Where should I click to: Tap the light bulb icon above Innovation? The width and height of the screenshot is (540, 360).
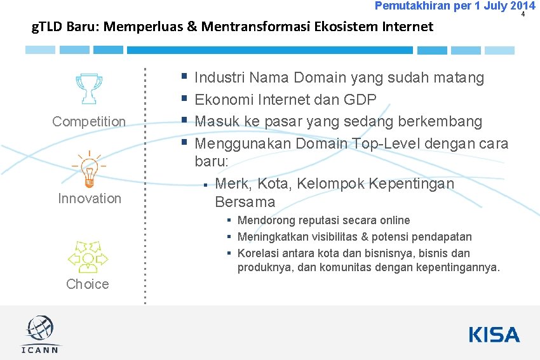(x=89, y=169)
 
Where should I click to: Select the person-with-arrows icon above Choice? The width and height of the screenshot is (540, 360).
(x=88, y=257)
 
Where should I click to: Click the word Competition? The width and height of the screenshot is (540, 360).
(x=89, y=121)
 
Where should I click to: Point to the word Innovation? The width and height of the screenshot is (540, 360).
(x=90, y=198)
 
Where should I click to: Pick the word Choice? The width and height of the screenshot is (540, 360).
(x=88, y=284)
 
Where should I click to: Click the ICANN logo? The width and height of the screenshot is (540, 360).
(x=41, y=335)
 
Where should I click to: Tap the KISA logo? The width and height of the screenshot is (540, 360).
(x=494, y=335)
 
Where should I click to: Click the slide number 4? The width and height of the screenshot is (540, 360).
(x=523, y=14)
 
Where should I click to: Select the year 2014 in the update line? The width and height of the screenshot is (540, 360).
(x=518, y=6)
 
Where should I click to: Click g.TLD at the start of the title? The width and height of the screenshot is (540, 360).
(x=46, y=27)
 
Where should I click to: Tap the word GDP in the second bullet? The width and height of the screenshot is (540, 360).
(x=360, y=100)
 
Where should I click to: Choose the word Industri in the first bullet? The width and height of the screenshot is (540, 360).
(x=220, y=78)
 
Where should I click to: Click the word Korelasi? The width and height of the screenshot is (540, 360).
(x=259, y=253)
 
